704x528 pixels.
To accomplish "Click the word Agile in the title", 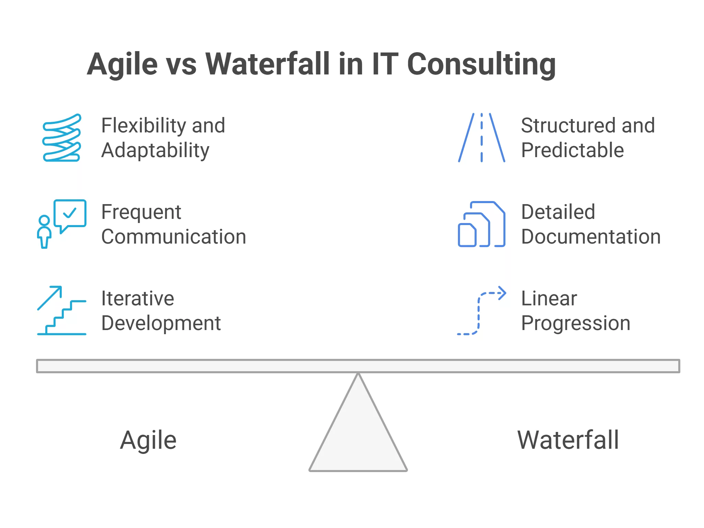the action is pos(122,64).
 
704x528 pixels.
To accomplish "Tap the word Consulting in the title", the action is pos(481,64).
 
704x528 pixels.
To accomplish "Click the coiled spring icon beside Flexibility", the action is pos(62,138).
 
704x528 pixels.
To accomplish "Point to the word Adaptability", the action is pos(155,151).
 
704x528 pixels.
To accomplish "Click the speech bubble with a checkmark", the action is pos(70,216).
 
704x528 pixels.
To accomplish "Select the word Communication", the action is pos(174,237).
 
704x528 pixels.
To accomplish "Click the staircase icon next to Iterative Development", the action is pos(62,310).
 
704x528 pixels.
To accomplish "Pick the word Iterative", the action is pos(138,298).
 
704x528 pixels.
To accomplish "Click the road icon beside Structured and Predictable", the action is pos(482,138).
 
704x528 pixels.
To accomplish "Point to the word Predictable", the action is pos(572,150).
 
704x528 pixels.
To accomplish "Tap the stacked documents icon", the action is pos(482,224).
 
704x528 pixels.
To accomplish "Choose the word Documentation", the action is pos(591,237).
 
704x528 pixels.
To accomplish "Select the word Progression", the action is pos(576,324).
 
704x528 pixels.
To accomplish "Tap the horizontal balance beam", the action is pos(358,366).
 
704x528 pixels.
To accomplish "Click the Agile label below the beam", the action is pos(148,441).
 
